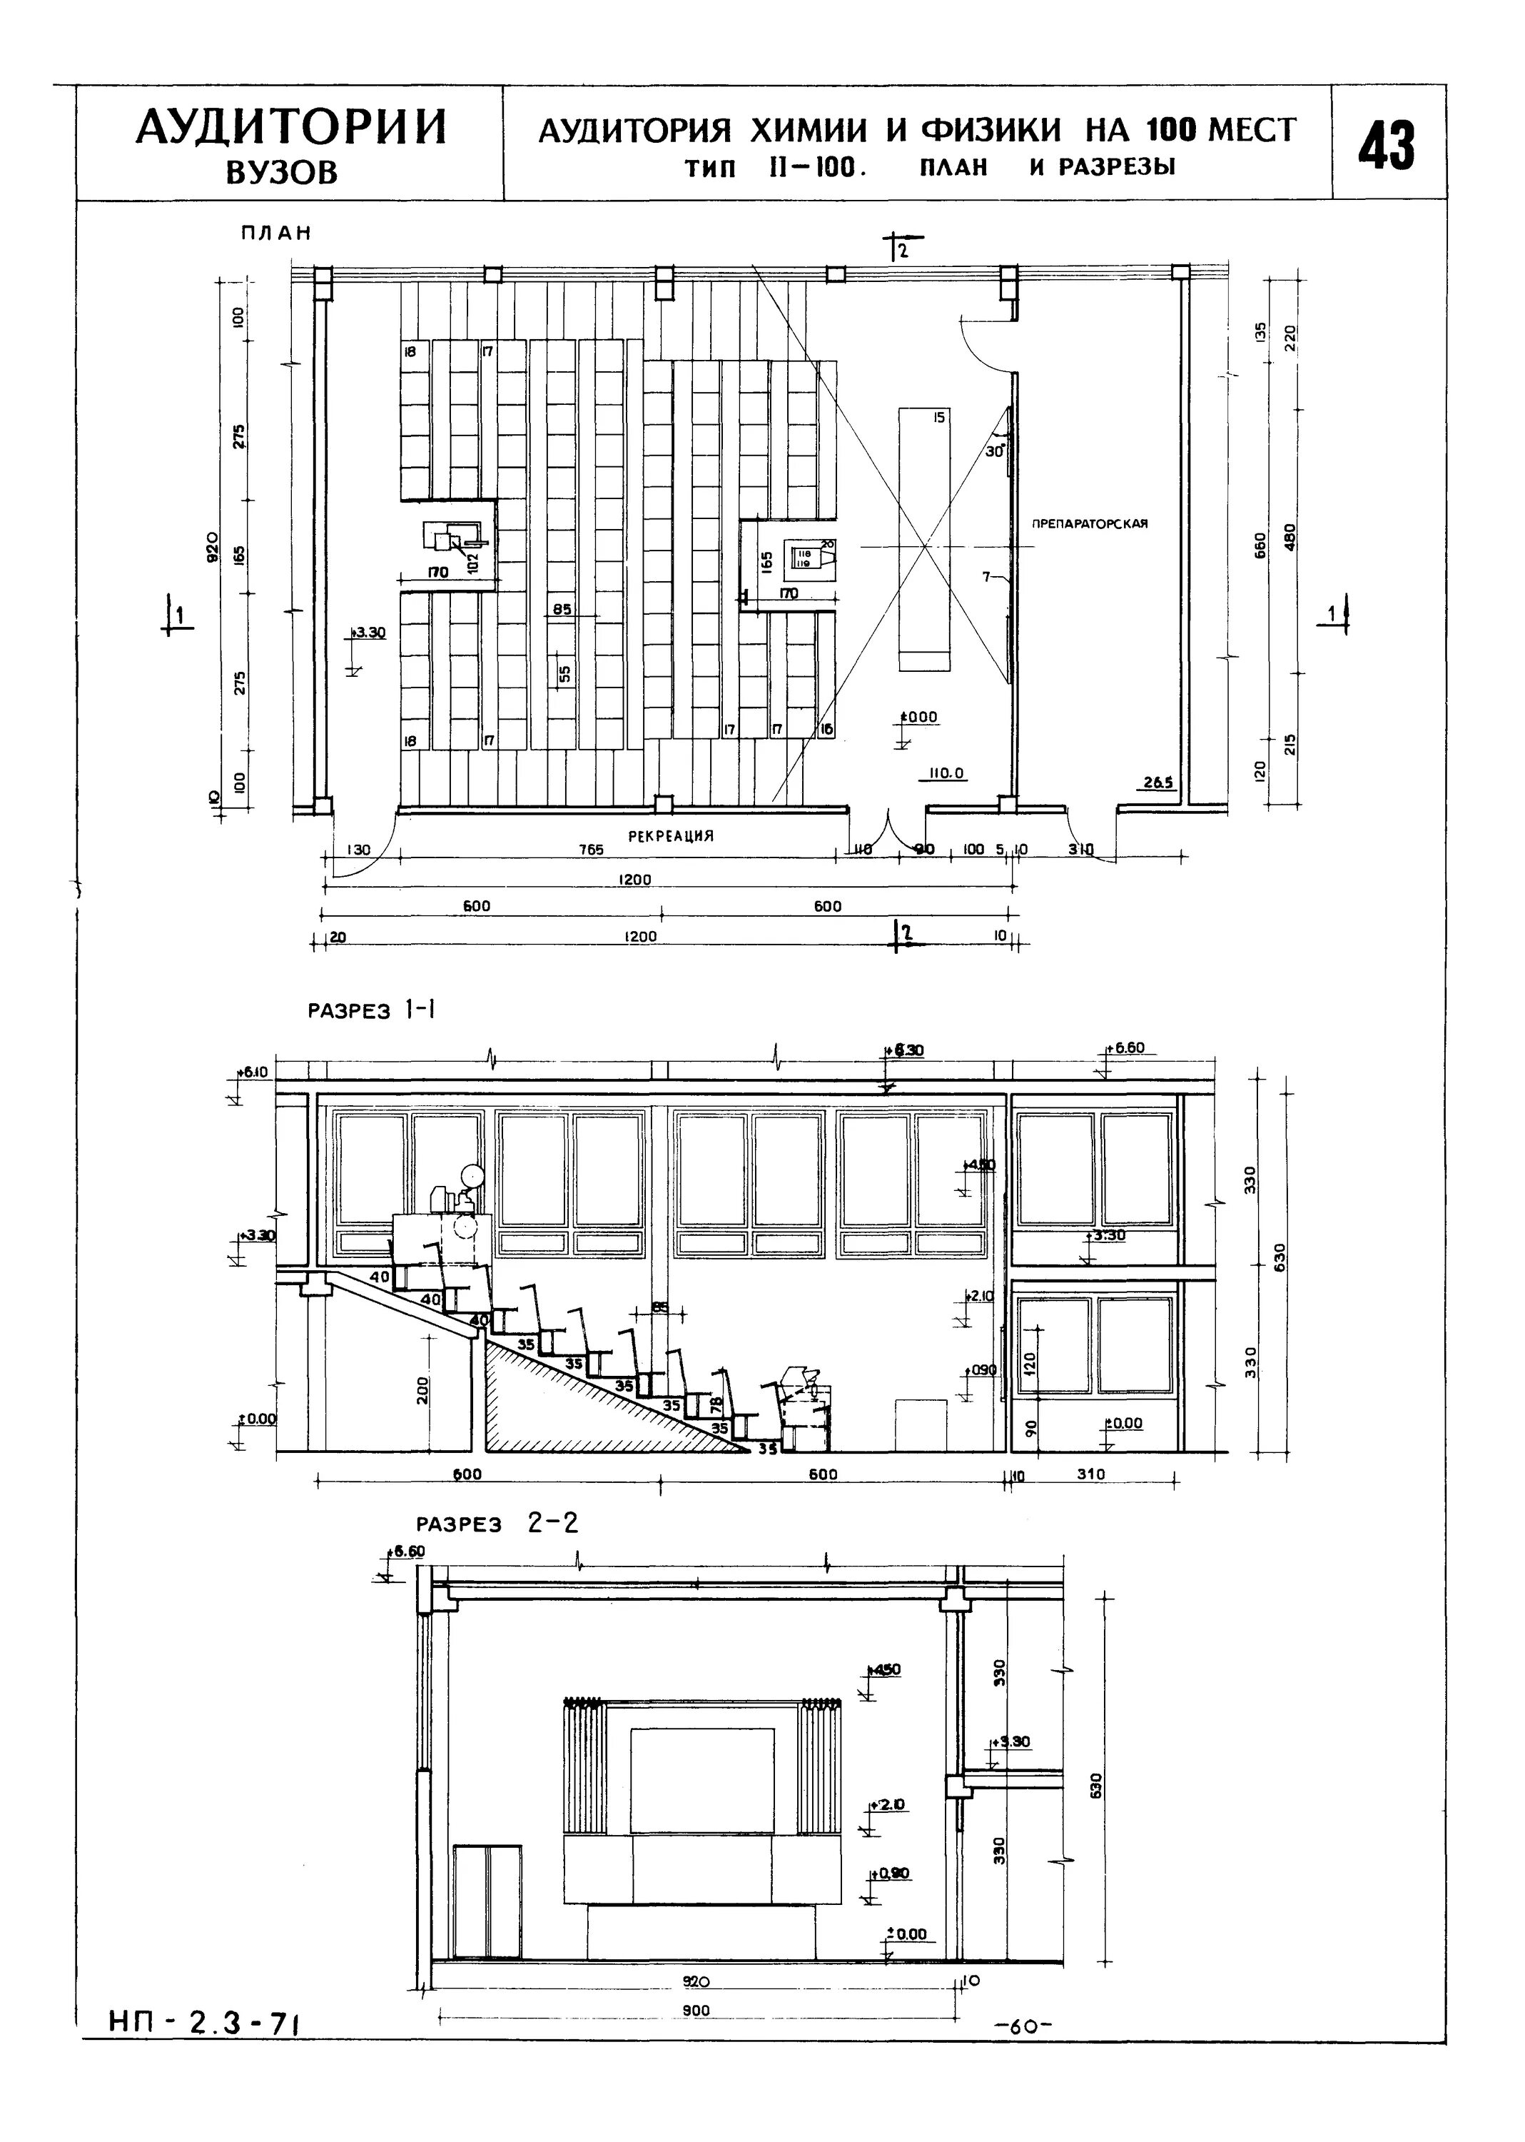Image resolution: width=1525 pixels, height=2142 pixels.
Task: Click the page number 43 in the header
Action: coord(1387,144)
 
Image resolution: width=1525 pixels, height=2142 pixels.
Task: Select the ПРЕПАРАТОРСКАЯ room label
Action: coord(1089,524)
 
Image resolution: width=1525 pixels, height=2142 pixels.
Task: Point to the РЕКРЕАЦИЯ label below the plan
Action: coord(671,835)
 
